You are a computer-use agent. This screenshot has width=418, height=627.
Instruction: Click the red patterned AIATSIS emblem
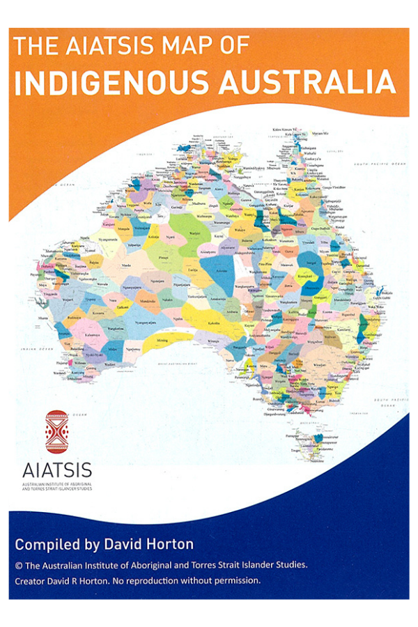pos(57,432)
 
